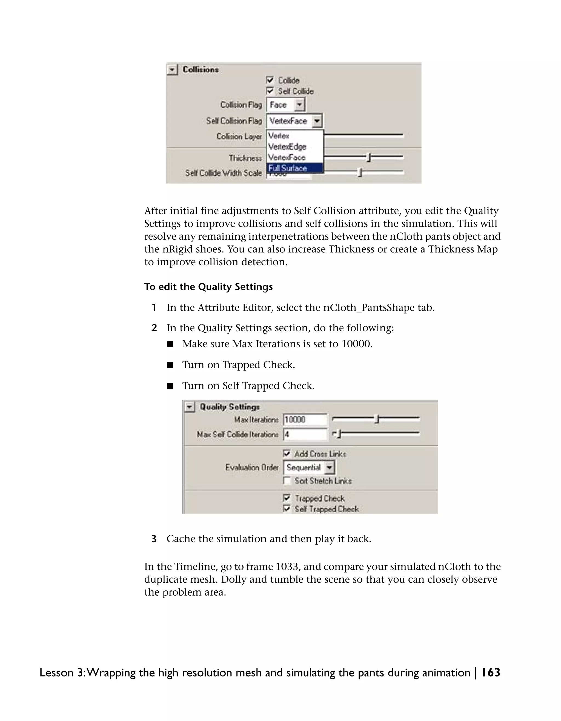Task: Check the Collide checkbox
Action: [270, 80]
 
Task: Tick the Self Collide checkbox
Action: [270, 91]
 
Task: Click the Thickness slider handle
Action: [369, 158]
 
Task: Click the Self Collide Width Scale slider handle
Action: [360, 172]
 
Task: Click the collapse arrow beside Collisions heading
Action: [172, 70]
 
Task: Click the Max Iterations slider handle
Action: [376, 419]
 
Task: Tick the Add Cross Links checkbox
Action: [287, 453]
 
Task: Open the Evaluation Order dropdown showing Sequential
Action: [309, 467]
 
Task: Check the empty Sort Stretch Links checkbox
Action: [287, 481]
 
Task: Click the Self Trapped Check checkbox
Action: [287, 509]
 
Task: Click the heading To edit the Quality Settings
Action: [208, 286]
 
